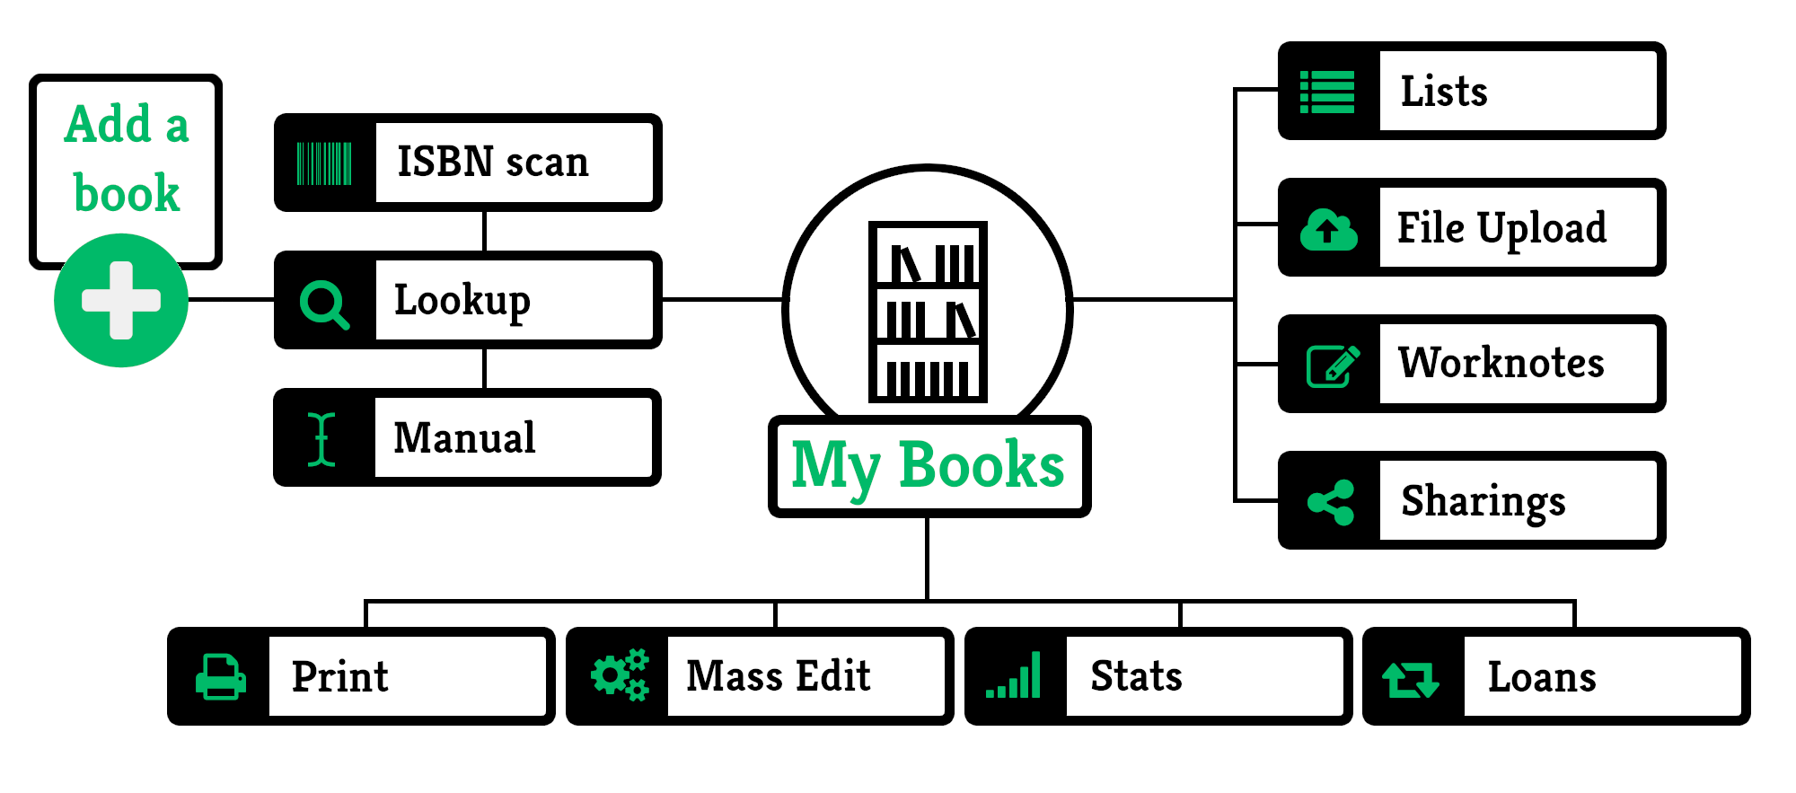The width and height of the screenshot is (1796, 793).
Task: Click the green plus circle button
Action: click(121, 300)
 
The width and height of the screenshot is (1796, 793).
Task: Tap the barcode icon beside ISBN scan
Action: click(324, 163)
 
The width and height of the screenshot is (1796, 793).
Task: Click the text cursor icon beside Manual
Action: click(321, 439)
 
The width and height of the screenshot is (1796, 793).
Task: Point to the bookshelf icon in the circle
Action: click(928, 312)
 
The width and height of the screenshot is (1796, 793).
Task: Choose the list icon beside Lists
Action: click(1327, 93)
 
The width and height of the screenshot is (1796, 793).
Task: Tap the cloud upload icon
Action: click(1329, 230)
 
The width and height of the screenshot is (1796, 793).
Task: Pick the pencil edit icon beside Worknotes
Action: click(1333, 366)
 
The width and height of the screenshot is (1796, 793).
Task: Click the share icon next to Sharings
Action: click(1331, 502)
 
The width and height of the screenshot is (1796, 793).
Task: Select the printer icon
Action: click(221, 676)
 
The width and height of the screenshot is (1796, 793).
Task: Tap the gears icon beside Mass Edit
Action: click(620, 674)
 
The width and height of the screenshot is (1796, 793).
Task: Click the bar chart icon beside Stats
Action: click(1013, 675)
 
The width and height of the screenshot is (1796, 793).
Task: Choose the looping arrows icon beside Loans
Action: click(1411, 680)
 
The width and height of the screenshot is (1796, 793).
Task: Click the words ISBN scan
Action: click(493, 163)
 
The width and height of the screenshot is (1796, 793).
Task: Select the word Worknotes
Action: click(1501, 363)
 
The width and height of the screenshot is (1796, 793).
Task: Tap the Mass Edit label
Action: click(779, 675)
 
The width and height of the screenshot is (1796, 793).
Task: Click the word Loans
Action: click(1542, 677)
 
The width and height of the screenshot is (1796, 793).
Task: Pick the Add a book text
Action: click(127, 158)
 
